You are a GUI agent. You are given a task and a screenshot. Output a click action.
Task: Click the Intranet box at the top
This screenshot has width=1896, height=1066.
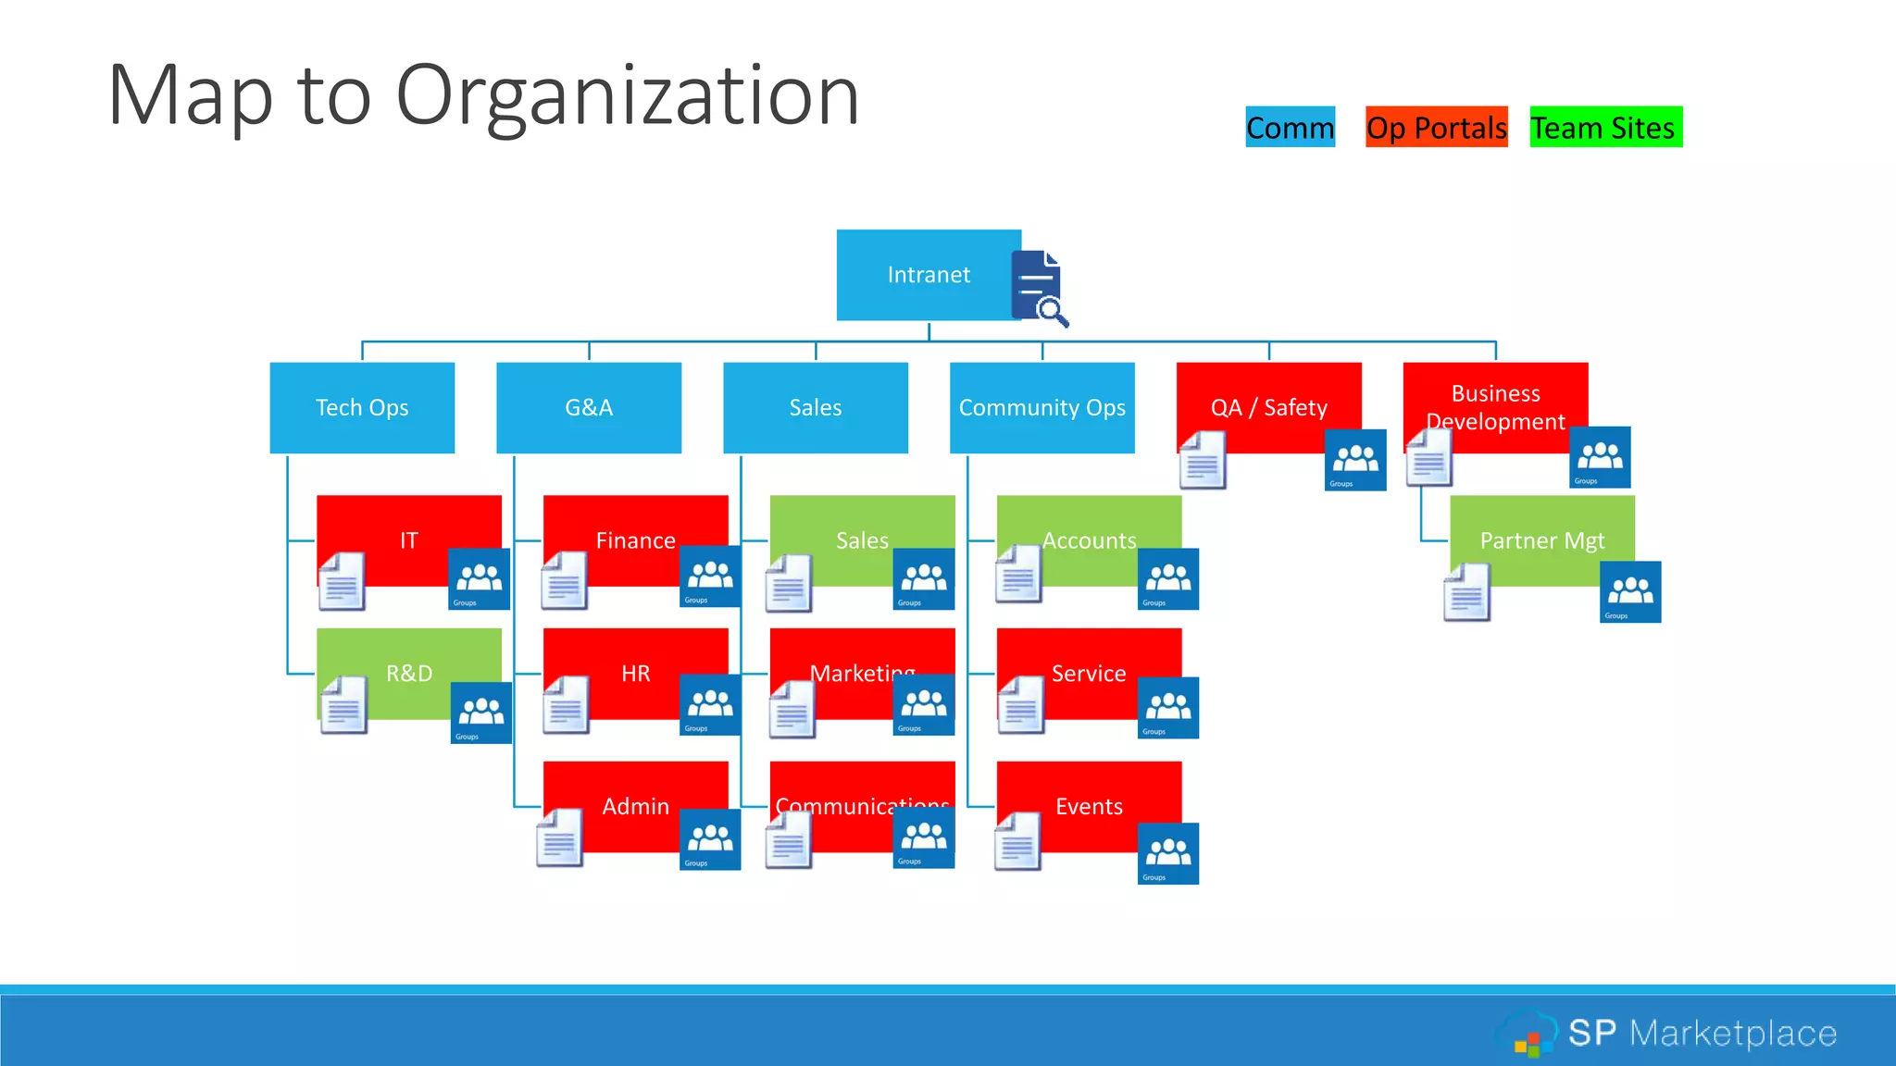coord(926,275)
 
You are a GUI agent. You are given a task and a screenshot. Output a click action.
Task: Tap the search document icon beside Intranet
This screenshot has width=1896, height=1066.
coord(1039,287)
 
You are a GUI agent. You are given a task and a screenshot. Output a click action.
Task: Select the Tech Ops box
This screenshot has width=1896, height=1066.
coord(362,407)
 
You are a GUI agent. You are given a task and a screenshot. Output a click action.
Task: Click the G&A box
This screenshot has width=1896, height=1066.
coord(589,407)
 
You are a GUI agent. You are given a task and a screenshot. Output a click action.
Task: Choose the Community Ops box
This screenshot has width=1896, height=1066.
coord(1042,407)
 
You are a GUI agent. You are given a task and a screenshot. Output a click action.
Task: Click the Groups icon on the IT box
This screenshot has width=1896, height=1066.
coord(479,579)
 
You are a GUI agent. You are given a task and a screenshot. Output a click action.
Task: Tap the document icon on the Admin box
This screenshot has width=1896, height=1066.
coord(560,837)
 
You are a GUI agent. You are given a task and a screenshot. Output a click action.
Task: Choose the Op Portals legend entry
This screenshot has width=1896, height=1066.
coord(1436,128)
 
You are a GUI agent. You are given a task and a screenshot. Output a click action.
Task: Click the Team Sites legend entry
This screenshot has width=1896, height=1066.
coord(1605,128)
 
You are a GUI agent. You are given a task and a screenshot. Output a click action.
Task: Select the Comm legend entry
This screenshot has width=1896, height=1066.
coord(1290,128)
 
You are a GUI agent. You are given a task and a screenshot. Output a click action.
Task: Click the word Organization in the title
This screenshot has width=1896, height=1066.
coord(628,94)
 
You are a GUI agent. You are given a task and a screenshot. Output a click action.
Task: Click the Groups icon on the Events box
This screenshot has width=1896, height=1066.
coord(1168,853)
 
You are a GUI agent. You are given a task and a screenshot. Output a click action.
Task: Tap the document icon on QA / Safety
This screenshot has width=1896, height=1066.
coord(1203,460)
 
